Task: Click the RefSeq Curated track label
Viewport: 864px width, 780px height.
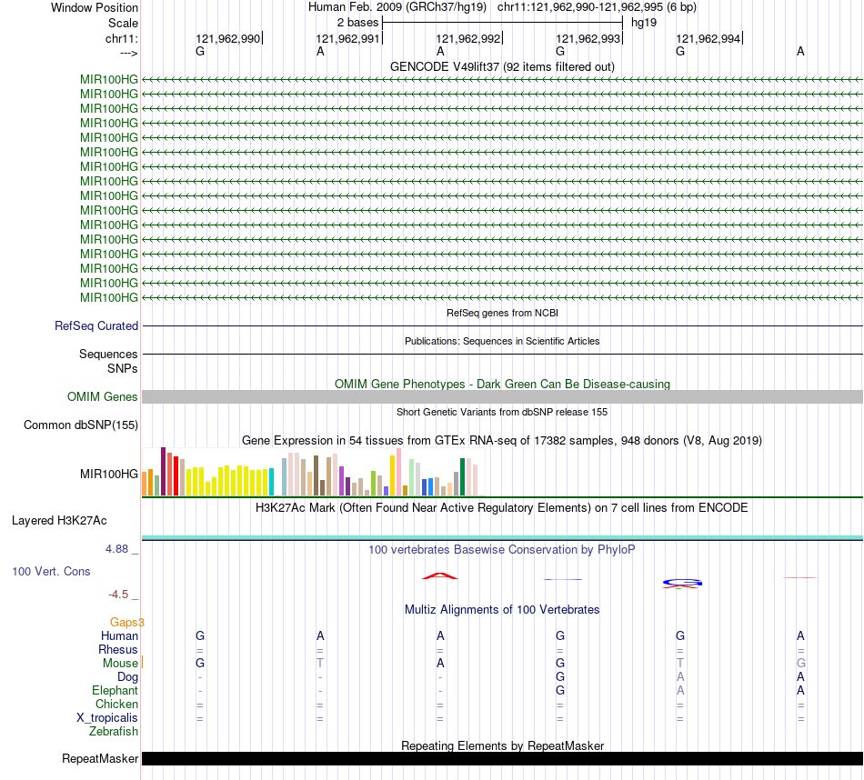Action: pyautogui.click(x=96, y=325)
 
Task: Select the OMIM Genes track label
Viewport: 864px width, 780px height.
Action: pyautogui.click(x=103, y=396)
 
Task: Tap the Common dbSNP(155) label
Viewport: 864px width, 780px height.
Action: pyautogui.click(x=81, y=425)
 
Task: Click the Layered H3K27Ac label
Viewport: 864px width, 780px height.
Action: pyautogui.click(x=59, y=521)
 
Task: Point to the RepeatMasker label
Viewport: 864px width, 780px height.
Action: pyautogui.click(x=100, y=758)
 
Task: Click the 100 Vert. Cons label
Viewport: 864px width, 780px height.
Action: pyautogui.click(x=52, y=571)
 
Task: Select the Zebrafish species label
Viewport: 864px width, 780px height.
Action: pyautogui.click(x=114, y=731)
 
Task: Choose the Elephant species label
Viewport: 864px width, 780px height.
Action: pyautogui.click(x=115, y=690)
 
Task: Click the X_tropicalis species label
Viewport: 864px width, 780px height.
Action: pyautogui.click(x=107, y=717)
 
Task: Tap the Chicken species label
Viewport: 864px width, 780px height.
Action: pyautogui.click(x=116, y=704)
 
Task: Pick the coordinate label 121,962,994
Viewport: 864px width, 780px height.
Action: pyautogui.click(x=708, y=38)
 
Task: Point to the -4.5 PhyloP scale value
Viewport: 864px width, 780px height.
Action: pyautogui.click(x=118, y=594)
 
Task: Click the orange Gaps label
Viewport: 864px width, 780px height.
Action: pyautogui.click(x=127, y=622)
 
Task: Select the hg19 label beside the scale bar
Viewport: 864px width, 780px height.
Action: pyautogui.click(x=644, y=22)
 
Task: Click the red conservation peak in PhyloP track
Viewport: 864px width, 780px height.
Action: pyautogui.click(x=440, y=575)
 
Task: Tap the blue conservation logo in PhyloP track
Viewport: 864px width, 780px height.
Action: pyautogui.click(x=681, y=582)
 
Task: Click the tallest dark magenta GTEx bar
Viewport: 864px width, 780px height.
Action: pyautogui.click(x=163, y=471)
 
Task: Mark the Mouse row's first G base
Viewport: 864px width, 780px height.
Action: pyautogui.click(x=200, y=663)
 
